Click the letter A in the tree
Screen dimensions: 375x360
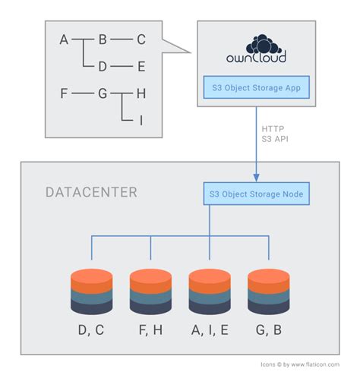coord(65,40)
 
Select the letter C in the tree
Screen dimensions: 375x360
coord(141,40)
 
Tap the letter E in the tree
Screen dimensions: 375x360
coord(141,66)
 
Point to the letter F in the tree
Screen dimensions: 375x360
coord(65,94)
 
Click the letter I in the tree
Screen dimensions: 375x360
coord(141,120)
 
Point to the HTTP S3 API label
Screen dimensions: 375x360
coord(273,134)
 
